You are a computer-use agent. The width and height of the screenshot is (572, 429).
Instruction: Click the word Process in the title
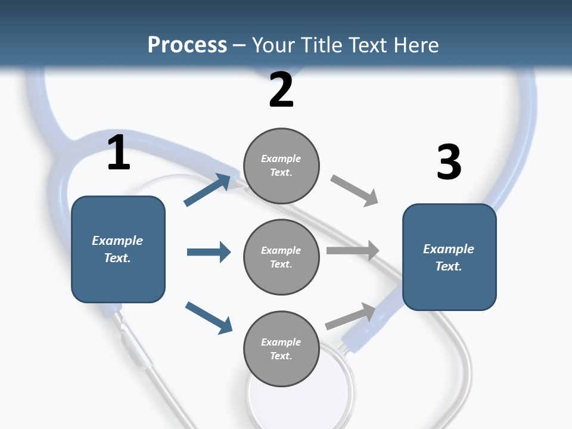point(187,45)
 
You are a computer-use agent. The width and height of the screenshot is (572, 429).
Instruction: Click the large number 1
point(119,153)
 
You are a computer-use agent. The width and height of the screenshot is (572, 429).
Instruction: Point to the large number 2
point(281,90)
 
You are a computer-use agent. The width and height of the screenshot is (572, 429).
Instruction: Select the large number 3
point(449,162)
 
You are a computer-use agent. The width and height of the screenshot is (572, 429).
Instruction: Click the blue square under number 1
point(118,249)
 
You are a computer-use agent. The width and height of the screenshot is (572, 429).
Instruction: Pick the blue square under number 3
point(449,257)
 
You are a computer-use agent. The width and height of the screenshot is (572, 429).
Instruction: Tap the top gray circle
point(281,165)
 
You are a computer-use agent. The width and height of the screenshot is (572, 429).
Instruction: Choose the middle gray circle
point(281,257)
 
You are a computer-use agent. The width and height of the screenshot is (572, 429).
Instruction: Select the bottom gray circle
point(281,349)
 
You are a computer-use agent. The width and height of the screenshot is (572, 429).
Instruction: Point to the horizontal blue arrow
point(209,252)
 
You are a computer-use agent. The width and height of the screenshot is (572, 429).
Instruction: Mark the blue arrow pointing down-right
point(209,318)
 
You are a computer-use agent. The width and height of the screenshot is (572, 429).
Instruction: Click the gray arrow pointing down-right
point(355,191)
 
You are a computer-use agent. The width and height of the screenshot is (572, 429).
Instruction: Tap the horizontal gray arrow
point(353,251)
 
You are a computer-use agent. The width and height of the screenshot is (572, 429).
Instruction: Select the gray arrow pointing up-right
point(351,316)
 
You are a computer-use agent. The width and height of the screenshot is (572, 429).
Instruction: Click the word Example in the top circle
point(281,158)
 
